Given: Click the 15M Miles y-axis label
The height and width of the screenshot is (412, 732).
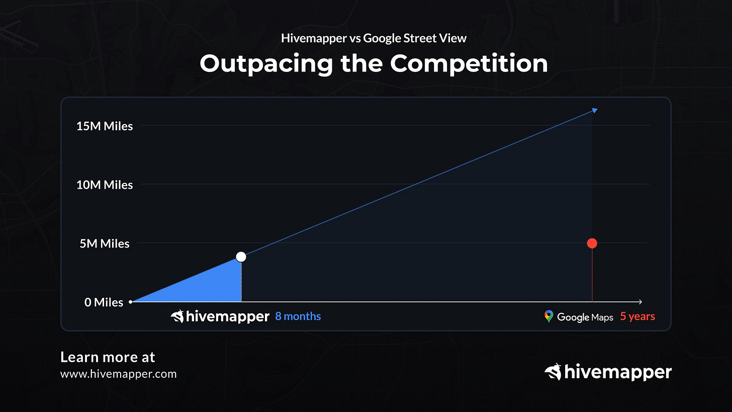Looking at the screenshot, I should click(x=105, y=126).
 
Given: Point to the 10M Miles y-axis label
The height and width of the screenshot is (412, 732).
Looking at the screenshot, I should click(x=105, y=185).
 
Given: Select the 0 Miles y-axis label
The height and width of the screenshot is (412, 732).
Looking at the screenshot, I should click(x=104, y=302).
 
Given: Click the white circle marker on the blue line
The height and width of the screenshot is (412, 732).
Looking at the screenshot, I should click(x=241, y=257).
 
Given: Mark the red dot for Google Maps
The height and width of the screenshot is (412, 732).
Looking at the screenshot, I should click(x=592, y=243).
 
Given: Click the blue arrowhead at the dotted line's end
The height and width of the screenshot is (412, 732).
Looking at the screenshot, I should click(x=595, y=110).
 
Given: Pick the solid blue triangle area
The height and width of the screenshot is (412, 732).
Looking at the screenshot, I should click(x=211, y=287).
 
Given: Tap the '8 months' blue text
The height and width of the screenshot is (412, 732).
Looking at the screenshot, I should click(x=298, y=316).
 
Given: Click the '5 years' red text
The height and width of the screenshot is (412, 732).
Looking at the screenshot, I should click(x=637, y=316).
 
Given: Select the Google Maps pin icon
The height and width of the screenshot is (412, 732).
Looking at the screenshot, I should click(x=548, y=316).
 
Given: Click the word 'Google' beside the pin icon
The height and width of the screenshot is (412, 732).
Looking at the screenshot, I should click(x=573, y=317).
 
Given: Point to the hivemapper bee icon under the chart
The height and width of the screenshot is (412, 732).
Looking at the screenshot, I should click(x=177, y=316).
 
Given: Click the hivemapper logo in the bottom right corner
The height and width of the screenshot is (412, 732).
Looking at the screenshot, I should click(x=608, y=372).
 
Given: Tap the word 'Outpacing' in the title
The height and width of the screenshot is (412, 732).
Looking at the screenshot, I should click(x=266, y=64).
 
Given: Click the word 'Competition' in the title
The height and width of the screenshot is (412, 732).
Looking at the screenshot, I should click(x=469, y=64).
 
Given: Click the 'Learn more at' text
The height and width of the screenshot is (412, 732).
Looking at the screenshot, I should click(x=108, y=357).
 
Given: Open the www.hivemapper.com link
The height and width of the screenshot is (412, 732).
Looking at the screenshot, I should click(x=118, y=374).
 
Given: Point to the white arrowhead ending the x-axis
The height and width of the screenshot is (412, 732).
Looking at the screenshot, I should click(x=640, y=302).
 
